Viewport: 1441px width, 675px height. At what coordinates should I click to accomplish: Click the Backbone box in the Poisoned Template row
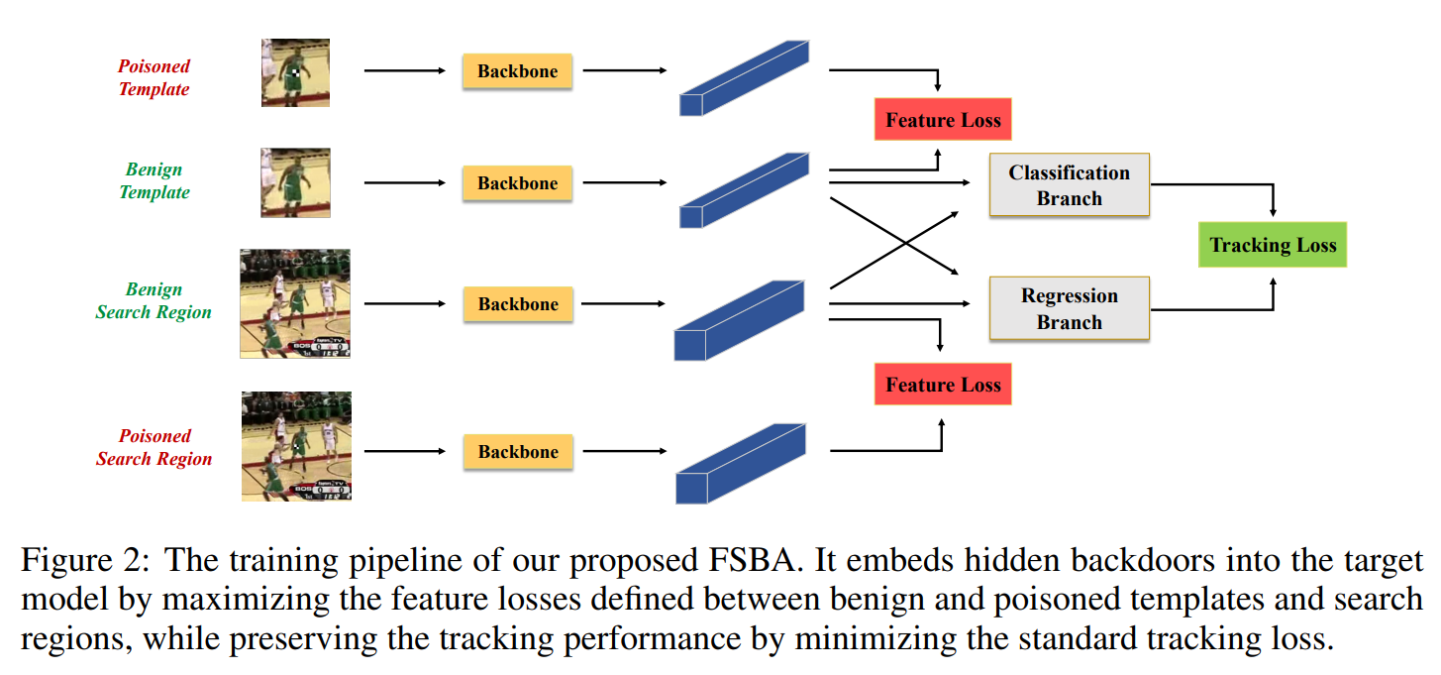coord(517,71)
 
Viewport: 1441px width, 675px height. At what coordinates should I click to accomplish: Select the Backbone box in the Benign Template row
coord(517,183)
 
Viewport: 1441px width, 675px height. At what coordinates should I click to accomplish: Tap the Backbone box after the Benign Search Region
coord(517,304)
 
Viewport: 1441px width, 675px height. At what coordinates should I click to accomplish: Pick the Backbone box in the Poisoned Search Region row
coord(517,452)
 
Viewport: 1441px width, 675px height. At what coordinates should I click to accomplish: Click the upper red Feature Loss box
coord(943,120)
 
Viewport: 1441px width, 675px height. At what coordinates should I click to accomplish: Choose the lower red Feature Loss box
coord(943,385)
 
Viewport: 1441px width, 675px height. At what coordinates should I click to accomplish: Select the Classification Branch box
coord(1069,185)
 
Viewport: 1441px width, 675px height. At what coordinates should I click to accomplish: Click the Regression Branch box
coord(1069,308)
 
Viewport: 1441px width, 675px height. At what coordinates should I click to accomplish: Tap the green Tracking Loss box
coord(1273,245)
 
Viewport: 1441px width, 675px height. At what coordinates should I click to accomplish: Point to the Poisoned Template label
coord(154,77)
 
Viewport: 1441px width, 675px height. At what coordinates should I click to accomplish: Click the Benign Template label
coord(154,180)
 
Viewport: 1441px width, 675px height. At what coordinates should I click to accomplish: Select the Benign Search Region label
coord(154,300)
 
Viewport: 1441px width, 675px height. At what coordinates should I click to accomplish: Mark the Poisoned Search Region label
coord(154,447)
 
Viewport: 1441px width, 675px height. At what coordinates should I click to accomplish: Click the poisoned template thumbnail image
coord(295,72)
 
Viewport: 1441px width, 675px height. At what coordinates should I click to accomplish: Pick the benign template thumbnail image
coord(295,182)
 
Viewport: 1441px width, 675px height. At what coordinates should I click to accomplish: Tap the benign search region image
coord(295,303)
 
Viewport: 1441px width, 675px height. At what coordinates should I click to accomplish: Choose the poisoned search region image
coord(295,446)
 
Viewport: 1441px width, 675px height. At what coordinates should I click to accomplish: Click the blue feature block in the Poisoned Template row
coord(743,79)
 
